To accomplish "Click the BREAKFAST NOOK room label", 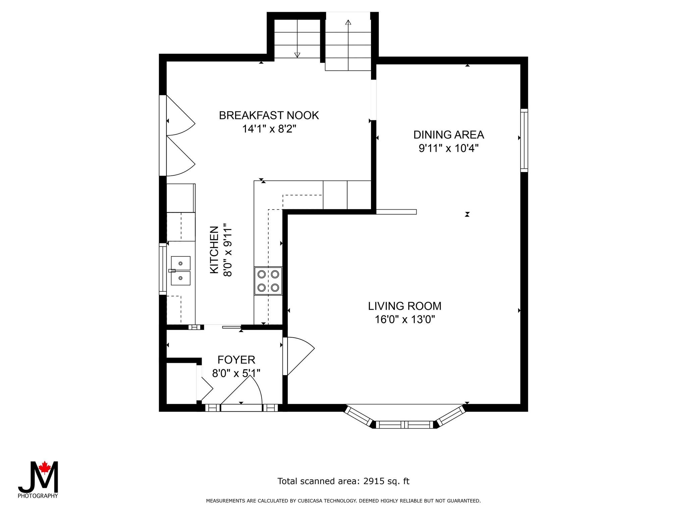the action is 269,115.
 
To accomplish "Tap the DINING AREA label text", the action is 448,135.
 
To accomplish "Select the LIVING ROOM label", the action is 405,306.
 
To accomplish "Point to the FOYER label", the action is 236,360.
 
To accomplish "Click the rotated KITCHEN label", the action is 214,250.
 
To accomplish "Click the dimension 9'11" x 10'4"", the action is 448,148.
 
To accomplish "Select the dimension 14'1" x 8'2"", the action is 269,129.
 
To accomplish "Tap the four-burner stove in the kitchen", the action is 268,281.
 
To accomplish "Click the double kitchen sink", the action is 180,271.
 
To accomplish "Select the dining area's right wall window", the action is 524,140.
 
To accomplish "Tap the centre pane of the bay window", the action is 404,425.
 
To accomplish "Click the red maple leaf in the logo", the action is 44,467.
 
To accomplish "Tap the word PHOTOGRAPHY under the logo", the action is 38,496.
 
